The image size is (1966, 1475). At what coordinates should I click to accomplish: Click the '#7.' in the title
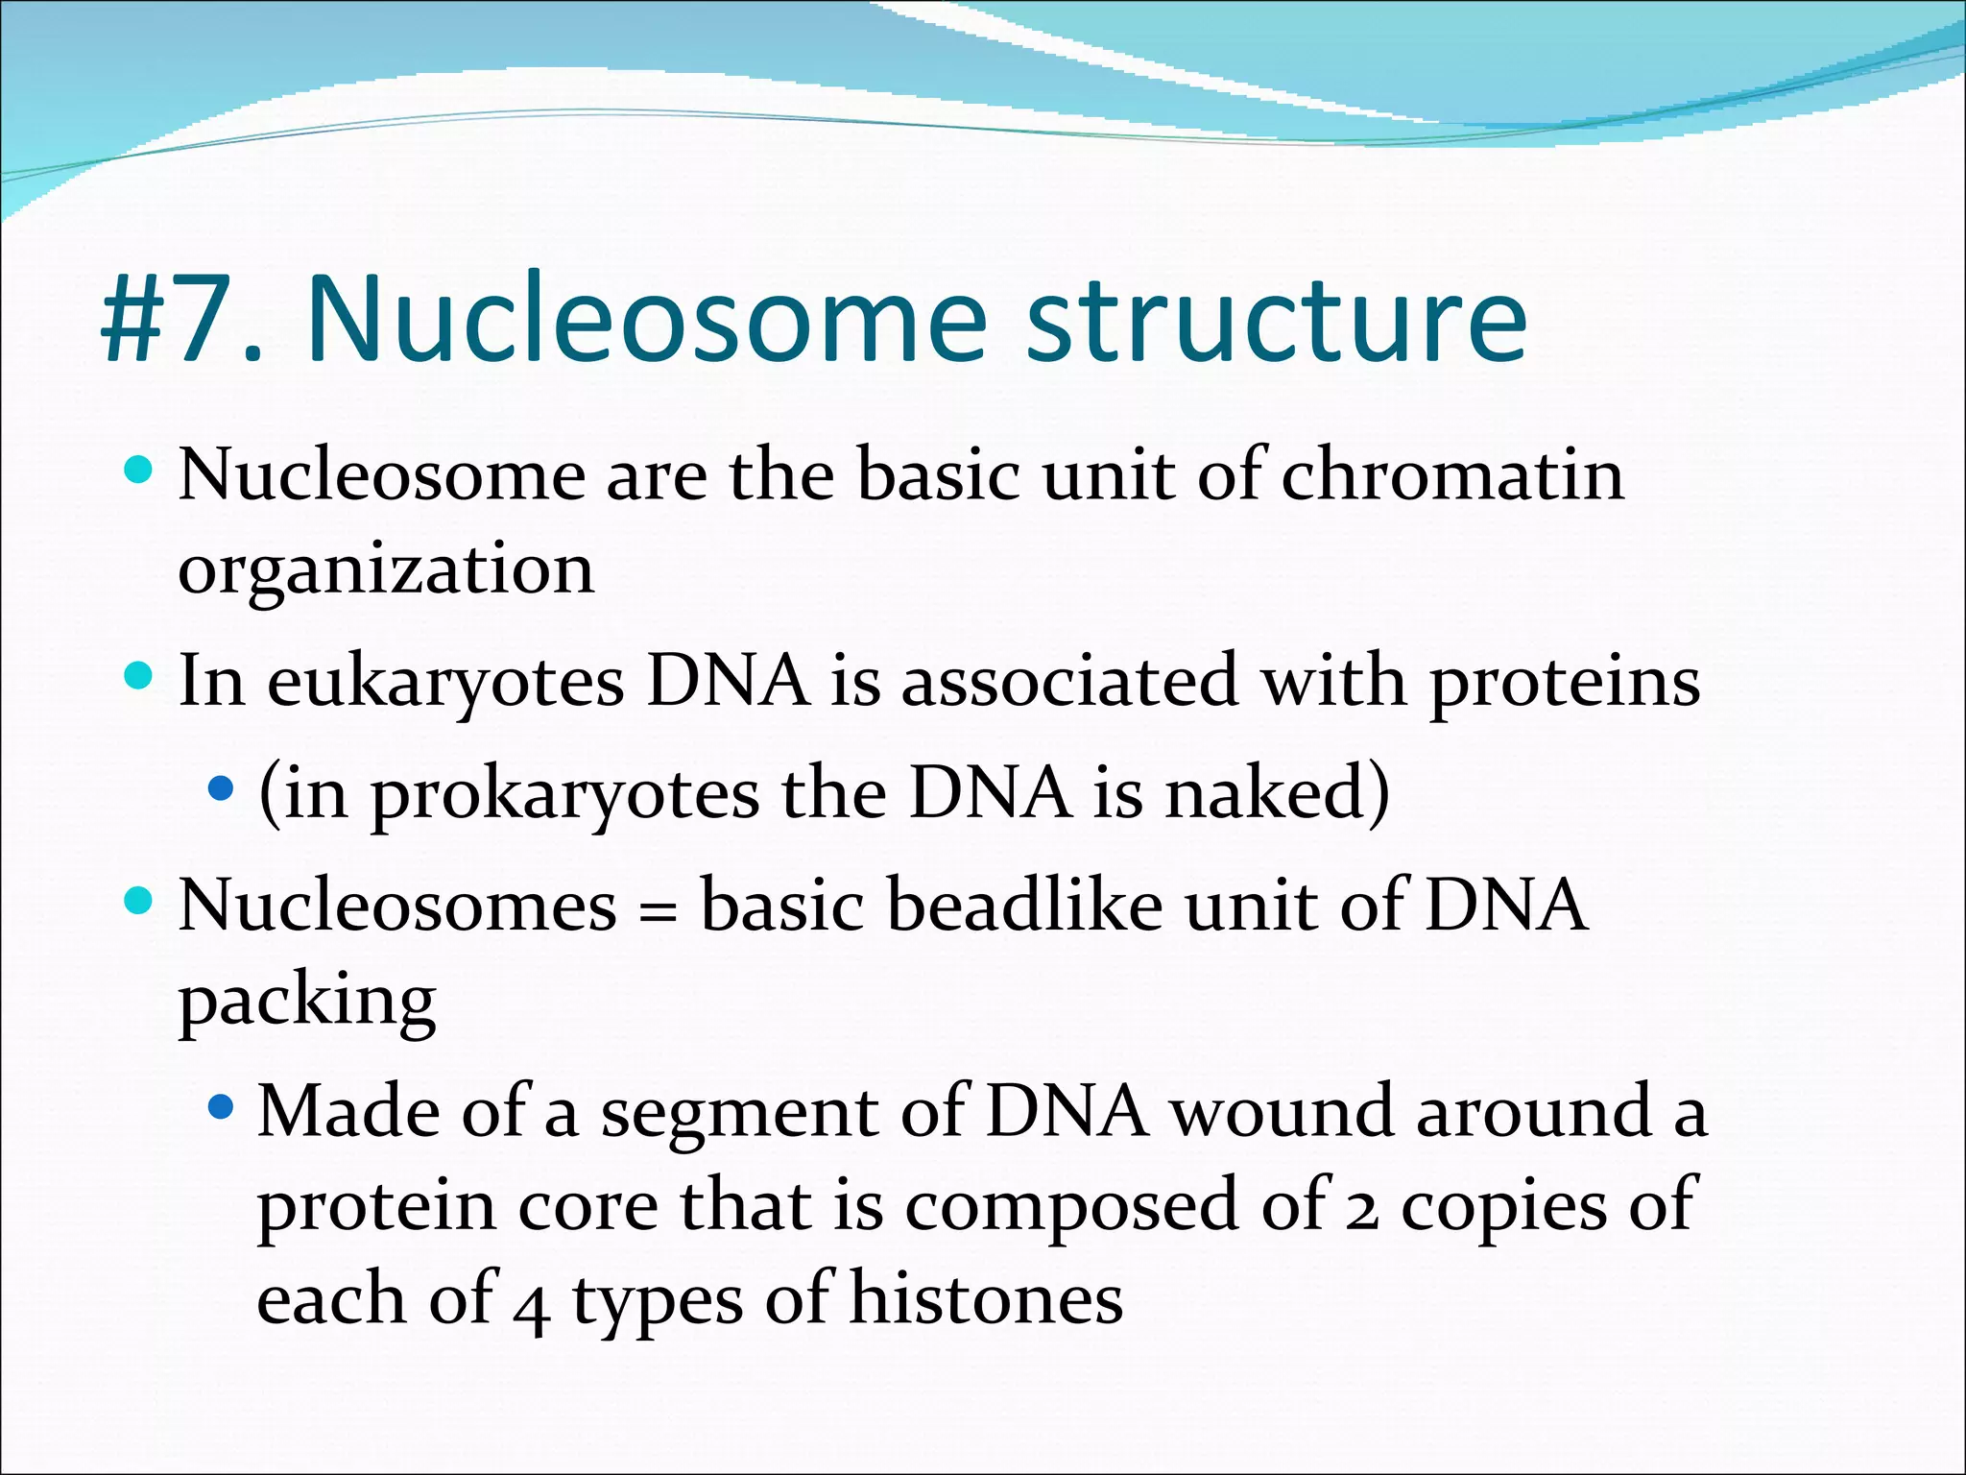point(182,319)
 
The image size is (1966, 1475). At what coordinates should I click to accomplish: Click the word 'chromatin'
point(1452,475)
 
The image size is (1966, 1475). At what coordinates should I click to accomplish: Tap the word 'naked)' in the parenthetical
point(1277,795)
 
